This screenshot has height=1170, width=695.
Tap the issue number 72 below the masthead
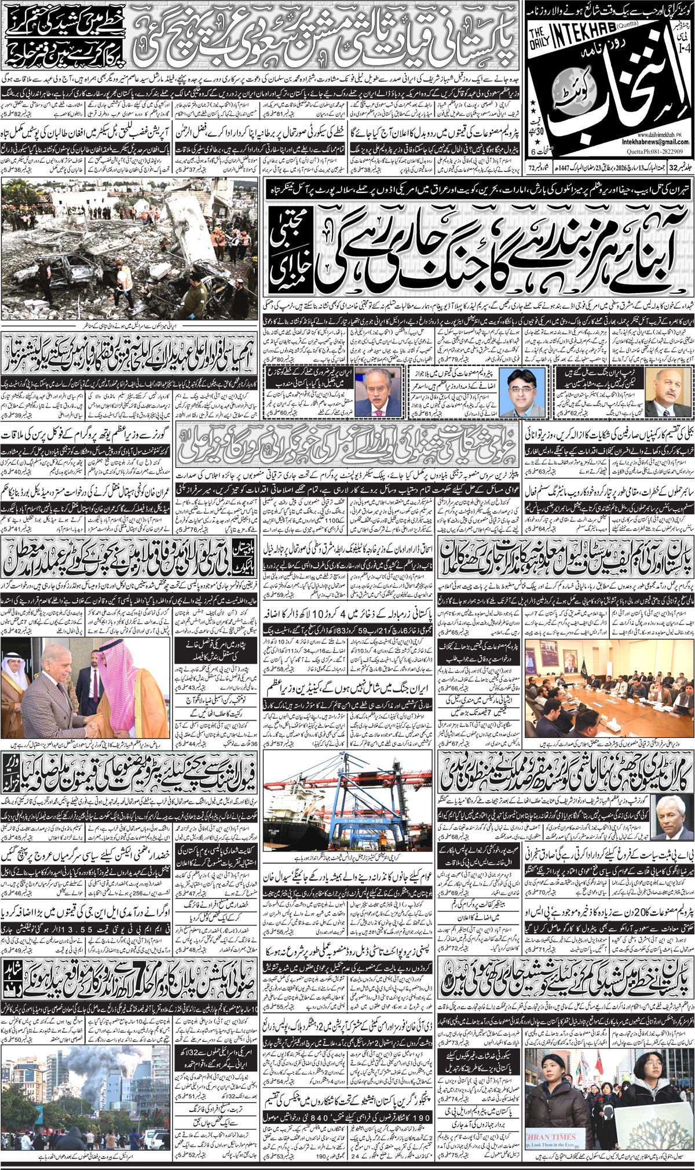(531, 169)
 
